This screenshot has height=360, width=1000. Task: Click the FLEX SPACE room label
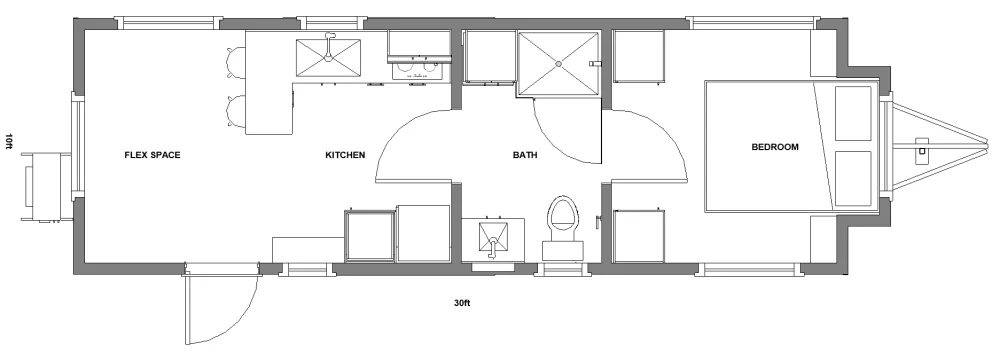click(152, 155)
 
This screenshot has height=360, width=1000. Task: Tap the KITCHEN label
click(345, 155)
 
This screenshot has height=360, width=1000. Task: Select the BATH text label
click(525, 155)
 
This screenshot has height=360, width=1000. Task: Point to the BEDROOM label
click(775, 147)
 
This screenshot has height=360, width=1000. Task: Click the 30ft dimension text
click(462, 303)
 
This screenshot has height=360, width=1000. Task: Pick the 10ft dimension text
click(8, 142)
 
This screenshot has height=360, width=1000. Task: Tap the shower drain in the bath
click(559, 64)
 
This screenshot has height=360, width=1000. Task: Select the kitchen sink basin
click(328, 57)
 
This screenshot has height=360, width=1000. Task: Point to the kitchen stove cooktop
click(419, 69)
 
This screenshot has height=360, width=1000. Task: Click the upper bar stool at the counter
click(235, 63)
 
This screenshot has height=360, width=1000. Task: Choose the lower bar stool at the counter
click(235, 110)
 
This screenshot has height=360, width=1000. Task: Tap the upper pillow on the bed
click(853, 113)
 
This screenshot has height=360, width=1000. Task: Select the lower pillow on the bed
click(853, 179)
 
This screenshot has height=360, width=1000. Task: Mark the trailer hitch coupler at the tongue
click(922, 149)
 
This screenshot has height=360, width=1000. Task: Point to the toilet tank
click(562, 250)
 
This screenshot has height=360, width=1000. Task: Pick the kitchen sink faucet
click(329, 46)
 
